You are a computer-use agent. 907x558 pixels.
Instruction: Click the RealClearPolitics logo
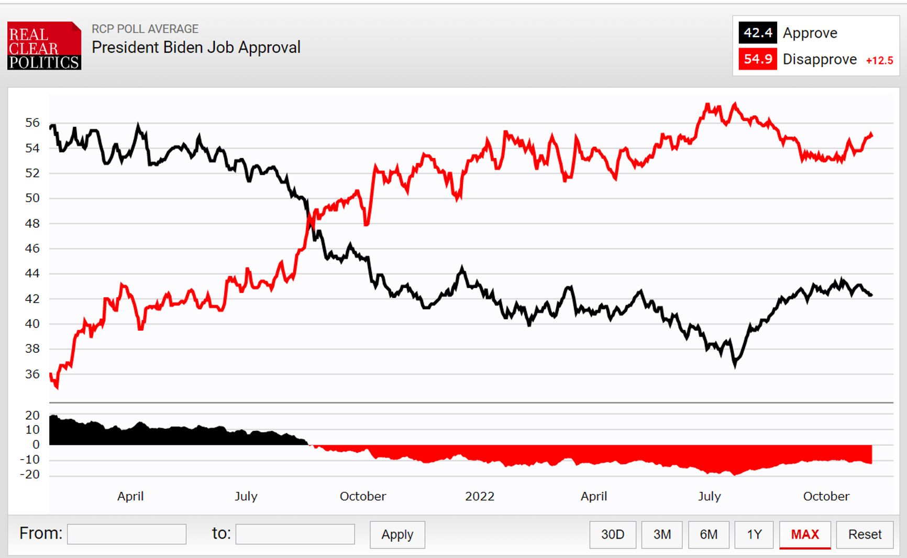tap(44, 46)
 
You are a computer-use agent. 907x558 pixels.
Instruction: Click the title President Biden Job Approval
tap(196, 48)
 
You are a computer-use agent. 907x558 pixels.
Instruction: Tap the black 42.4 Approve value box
tap(757, 33)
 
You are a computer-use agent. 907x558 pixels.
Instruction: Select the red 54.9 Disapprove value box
tap(757, 59)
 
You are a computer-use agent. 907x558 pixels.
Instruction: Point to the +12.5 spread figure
tap(879, 61)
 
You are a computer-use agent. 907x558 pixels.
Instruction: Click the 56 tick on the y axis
tap(32, 123)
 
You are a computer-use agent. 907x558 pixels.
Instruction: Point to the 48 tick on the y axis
tap(32, 224)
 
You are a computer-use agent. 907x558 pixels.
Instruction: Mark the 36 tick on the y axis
tap(32, 374)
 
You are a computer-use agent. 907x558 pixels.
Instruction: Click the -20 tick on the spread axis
tap(30, 475)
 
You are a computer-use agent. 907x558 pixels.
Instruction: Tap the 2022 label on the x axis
tap(479, 496)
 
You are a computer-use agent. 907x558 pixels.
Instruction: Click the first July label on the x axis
tap(246, 496)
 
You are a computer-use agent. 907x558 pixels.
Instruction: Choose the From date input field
tap(127, 534)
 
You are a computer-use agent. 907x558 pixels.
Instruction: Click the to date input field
tap(295, 534)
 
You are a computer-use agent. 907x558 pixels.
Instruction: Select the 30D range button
tap(612, 534)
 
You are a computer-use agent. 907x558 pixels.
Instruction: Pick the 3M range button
tap(662, 534)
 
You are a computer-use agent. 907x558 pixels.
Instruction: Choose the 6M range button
tap(709, 534)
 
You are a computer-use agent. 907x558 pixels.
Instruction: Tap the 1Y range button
tap(754, 534)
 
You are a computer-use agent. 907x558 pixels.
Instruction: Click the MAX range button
tap(805, 534)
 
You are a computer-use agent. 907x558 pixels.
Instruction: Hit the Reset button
tap(865, 534)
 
